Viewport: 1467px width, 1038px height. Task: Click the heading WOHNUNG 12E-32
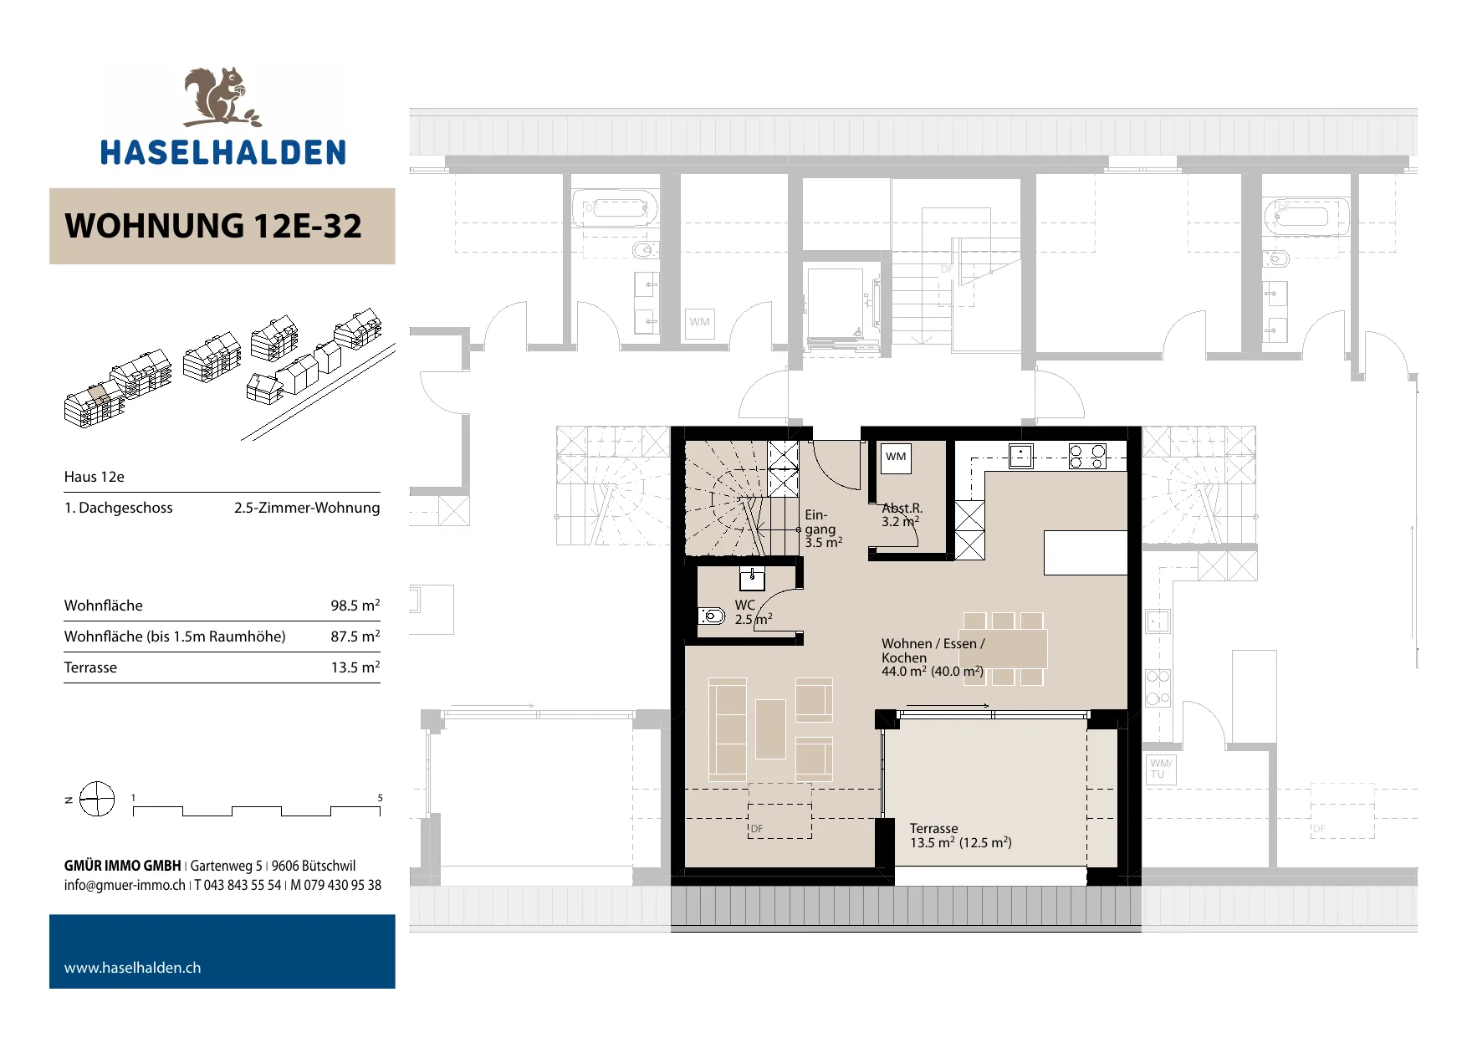click(213, 226)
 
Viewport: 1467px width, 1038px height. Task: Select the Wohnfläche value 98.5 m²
click(355, 605)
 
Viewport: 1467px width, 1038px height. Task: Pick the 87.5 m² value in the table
click(355, 636)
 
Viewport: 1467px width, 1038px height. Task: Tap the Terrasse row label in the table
click(90, 667)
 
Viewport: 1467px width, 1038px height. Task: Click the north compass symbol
click(96, 800)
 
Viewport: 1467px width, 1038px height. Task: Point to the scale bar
click(257, 810)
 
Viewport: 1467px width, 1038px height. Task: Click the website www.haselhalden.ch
click(132, 968)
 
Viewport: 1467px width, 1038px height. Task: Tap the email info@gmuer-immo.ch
click(125, 885)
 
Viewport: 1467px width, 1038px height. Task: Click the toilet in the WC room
click(711, 616)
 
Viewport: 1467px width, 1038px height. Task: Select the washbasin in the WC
click(753, 578)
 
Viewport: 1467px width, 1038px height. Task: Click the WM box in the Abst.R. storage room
click(896, 457)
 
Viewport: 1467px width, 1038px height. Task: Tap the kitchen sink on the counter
click(1020, 456)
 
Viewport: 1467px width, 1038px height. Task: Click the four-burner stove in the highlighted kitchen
click(1087, 456)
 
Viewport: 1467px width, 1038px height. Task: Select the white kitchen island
click(1085, 552)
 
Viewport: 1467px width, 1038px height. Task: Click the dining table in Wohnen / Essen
click(1004, 649)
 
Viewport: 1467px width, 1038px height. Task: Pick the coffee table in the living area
click(770, 729)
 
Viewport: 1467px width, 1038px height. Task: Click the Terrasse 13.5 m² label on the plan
click(960, 836)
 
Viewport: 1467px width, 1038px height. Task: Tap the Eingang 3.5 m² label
click(823, 529)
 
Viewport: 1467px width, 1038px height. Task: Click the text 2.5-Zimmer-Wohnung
click(307, 508)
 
